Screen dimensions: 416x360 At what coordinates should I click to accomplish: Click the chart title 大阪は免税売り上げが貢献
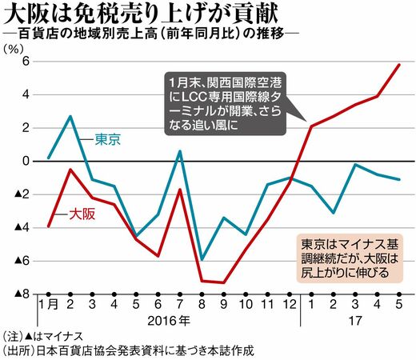(142, 14)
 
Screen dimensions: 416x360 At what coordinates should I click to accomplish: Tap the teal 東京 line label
(108, 139)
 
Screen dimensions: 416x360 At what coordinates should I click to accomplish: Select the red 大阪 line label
(82, 214)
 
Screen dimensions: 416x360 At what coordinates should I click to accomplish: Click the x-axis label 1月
(49, 304)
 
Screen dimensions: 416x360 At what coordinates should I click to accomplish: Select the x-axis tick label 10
(246, 304)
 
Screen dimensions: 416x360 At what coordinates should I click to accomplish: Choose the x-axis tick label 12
(290, 304)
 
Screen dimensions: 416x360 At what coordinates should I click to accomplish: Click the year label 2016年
(169, 321)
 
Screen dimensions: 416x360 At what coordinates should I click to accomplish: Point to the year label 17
(355, 321)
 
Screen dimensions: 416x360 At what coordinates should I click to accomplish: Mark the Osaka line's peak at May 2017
(399, 65)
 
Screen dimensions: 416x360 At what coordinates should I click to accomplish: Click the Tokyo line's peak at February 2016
(70, 116)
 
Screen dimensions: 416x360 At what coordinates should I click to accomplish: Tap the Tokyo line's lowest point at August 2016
(202, 260)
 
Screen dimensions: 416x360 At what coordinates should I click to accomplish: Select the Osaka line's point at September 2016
(224, 282)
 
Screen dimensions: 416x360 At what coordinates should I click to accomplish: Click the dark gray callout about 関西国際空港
(226, 104)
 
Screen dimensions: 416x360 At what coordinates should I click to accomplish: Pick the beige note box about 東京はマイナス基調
(350, 258)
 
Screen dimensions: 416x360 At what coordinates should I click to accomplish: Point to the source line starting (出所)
(129, 350)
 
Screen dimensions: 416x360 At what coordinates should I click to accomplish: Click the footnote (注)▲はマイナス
(42, 337)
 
